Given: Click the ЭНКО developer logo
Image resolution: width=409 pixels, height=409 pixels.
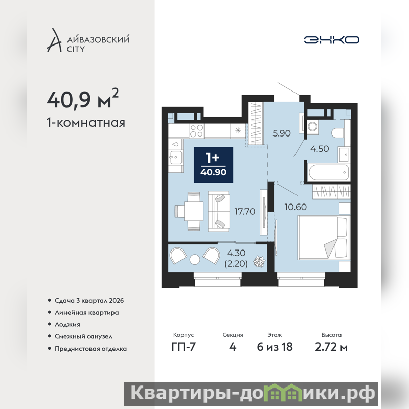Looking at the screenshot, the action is [331, 40].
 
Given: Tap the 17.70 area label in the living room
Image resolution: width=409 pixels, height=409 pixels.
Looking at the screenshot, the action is [245, 211].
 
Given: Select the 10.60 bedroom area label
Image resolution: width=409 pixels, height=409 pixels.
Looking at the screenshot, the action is [296, 207].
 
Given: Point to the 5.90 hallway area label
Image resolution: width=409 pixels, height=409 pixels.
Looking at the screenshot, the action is [282, 133].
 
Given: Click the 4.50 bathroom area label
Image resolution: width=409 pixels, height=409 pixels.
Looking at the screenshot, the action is [320, 149].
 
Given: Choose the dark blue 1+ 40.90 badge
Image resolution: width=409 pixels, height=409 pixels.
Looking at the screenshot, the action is [213, 165].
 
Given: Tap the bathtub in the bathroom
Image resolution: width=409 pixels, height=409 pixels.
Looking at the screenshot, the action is [329, 172].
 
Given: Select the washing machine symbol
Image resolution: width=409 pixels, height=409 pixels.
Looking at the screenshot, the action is [312, 127].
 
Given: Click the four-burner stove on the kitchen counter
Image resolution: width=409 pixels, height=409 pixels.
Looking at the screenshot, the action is [196, 131].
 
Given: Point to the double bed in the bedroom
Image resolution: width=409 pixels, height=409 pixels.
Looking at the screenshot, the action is [324, 237].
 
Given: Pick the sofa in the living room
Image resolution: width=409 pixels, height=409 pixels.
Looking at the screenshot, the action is [219, 211].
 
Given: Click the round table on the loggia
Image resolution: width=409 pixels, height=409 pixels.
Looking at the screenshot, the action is [195, 259].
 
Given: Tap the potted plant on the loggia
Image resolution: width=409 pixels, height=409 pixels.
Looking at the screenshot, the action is [259, 262].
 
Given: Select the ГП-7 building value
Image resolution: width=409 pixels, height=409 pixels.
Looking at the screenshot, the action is [184, 347].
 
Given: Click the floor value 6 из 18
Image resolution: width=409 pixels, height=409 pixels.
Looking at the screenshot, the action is [275, 347].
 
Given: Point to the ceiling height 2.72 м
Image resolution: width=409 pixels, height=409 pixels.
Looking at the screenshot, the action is [331, 347].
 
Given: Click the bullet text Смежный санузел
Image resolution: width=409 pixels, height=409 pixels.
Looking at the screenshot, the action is [83, 336].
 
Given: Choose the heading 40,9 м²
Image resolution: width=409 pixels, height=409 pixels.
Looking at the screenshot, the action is [82, 99].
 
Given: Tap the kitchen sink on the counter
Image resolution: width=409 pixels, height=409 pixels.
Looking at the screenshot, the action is [175, 157].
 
